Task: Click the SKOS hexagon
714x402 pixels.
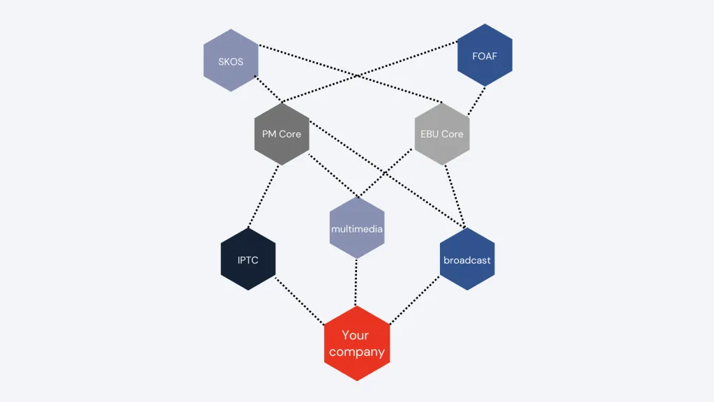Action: click(x=231, y=61)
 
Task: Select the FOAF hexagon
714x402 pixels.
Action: click(x=485, y=55)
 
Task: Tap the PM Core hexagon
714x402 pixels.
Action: click(x=282, y=134)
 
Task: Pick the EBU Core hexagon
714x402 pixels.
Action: click(x=442, y=134)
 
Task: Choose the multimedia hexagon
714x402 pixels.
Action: click(x=356, y=228)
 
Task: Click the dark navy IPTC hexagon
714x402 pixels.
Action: click(x=248, y=259)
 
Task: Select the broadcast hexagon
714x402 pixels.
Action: click(x=467, y=260)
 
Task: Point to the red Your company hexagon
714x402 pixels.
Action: click(x=356, y=343)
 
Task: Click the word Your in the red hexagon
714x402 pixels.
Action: click(x=355, y=335)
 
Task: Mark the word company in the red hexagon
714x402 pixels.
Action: click(x=356, y=352)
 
